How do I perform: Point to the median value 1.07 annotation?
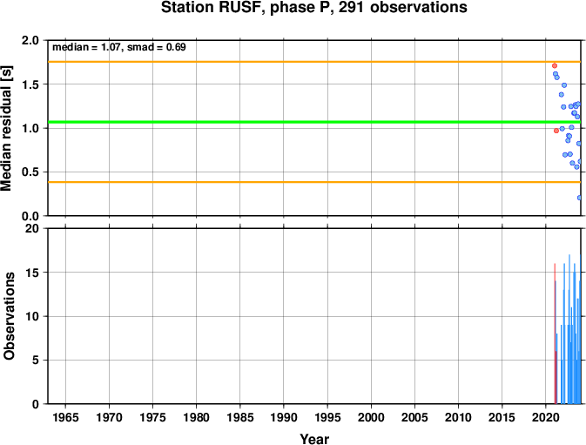click(x=111, y=47)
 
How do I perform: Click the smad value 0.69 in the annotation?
click(x=176, y=47)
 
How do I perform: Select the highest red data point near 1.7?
click(x=555, y=66)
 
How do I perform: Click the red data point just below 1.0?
click(x=556, y=131)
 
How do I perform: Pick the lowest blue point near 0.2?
click(x=579, y=198)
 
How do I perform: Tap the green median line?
click(x=314, y=122)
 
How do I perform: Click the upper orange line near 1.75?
click(x=314, y=62)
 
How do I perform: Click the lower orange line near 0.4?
click(x=314, y=182)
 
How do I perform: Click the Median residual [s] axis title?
click(x=7, y=128)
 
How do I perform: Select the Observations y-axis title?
click(x=9, y=316)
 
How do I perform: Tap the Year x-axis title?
click(x=314, y=439)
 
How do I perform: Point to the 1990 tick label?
click(x=284, y=417)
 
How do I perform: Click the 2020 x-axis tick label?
click(x=545, y=417)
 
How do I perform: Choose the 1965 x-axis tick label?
click(x=66, y=417)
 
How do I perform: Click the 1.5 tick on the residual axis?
click(x=30, y=84)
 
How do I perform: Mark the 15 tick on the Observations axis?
click(x=33, y=273)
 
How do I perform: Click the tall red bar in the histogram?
click(x=555, y=334)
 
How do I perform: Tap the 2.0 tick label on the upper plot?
click(x=30, y=40)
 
